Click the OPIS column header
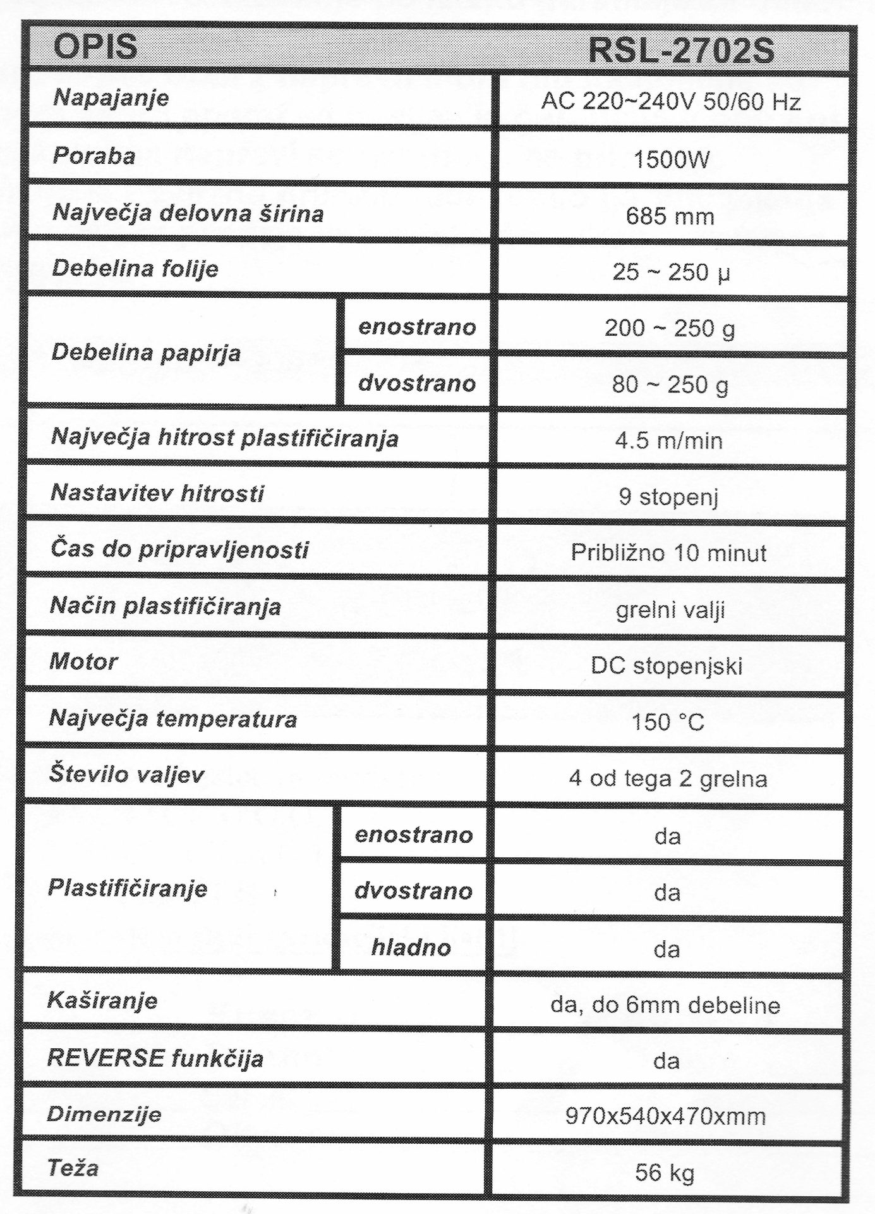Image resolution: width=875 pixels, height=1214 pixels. [x=95, y=47]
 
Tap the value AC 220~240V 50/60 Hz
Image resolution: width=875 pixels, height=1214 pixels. [x=671, y=102]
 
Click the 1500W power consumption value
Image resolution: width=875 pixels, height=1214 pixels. [x=671, y=159]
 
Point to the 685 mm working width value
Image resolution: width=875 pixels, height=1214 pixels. [x=670, y=216]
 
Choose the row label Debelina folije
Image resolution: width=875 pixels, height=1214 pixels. [x=135, y=268]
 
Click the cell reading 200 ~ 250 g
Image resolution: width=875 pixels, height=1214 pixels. [x=670, y=328]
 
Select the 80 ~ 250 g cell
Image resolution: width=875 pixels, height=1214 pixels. [x=670, y=384]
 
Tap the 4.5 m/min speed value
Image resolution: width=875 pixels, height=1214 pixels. [x=669, y=441]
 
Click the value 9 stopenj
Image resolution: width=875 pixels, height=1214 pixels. [x=668, y=497]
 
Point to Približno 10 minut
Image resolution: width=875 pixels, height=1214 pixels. [x=668, y=553]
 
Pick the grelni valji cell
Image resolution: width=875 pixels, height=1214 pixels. [x=670, y=610]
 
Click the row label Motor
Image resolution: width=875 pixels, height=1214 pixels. [x=83, y=661]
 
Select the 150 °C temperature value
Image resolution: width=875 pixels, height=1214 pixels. [x=668, y=721]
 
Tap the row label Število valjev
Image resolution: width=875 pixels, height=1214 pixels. [x=126, y=774]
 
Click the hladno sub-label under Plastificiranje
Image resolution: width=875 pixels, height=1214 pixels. [x=411, y=947]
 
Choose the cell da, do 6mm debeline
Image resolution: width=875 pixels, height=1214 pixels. [x=665, y=1005]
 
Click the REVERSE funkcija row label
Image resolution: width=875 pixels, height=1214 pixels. [x=155, y=1058]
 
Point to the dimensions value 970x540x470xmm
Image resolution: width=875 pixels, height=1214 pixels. [x=665, y=1117]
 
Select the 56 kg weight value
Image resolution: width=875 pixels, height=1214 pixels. [x=665, y=1173]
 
